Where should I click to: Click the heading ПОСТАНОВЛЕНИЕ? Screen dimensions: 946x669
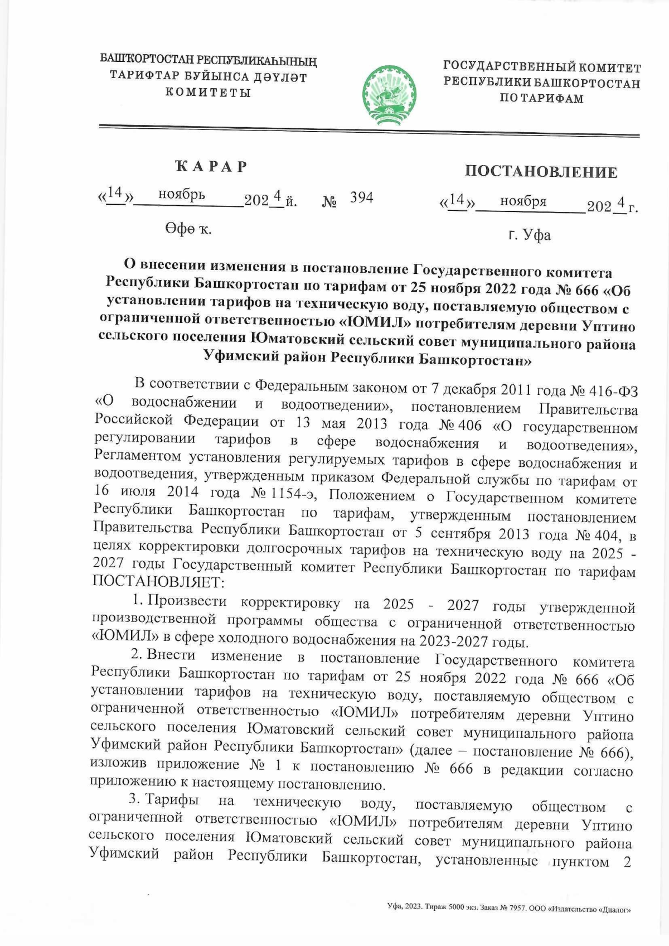click(541, 172)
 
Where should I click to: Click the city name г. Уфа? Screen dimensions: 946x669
click(529, 235)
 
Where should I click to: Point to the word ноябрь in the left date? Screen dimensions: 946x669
click(182, 195)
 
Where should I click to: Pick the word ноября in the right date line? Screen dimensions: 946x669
click(523, 201)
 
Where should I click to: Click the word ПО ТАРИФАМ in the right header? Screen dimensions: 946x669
click(541, 99)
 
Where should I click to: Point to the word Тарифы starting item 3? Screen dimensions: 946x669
click(173, 800)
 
